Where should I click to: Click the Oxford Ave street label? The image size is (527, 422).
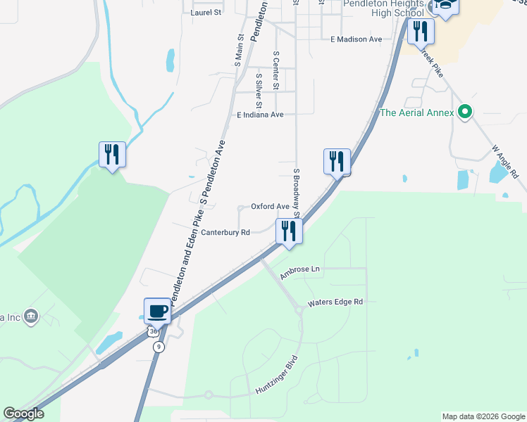(x=271, y=207)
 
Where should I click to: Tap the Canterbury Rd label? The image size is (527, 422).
(x=225, y=232)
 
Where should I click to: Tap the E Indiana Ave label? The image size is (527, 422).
(x=260, y=115)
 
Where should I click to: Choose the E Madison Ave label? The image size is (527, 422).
(x=356, y=39)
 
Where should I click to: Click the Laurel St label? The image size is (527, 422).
(x=206, y=13)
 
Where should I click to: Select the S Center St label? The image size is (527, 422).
(x=276, y=70)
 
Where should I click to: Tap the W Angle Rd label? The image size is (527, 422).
(x=505, y=161)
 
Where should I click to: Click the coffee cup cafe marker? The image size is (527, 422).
(x=157, y=310)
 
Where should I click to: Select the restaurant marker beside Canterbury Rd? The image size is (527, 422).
(x=288, y=230)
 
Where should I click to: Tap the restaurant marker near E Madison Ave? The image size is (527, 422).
(x=421, y=31)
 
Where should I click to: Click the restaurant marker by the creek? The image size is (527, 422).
(x=112, y=154)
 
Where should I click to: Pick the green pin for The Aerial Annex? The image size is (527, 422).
(x=464, y=112)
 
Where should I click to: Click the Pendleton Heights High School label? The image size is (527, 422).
(x=384, y=8)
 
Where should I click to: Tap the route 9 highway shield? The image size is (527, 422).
(x=160, y=347)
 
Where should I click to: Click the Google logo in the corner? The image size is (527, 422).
(x=23, y=414)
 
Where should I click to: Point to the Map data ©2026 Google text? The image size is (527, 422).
(x=483, y=416)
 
